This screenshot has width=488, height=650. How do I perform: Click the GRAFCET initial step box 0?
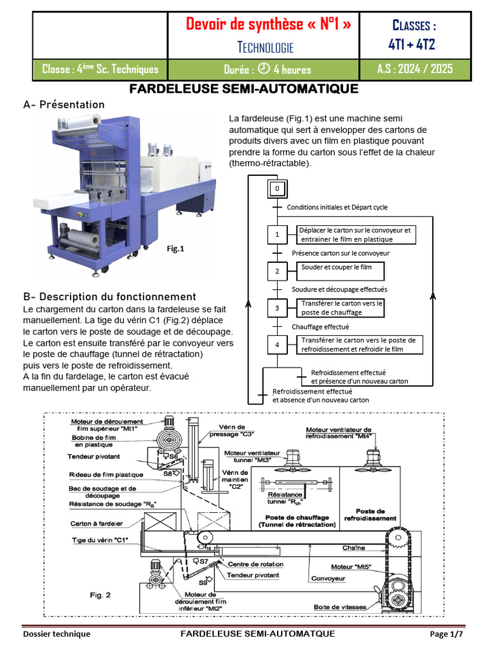277,189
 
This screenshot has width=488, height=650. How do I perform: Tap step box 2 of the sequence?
277,272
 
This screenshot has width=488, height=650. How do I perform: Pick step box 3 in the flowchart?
277,308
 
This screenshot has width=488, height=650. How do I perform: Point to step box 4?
277,345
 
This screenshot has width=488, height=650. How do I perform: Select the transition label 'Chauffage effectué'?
320,327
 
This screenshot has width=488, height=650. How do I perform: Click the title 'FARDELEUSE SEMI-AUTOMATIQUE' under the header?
244,89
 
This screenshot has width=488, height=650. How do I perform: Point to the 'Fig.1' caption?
175,249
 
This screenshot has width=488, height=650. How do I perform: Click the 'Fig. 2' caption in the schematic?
100,595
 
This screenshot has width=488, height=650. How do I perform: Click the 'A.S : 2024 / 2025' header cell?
415,69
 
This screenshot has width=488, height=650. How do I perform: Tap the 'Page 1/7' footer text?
447,634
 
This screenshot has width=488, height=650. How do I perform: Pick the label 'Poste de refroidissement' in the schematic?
371,514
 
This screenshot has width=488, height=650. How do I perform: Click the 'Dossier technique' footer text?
57,634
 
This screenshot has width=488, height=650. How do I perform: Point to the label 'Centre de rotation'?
256,564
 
